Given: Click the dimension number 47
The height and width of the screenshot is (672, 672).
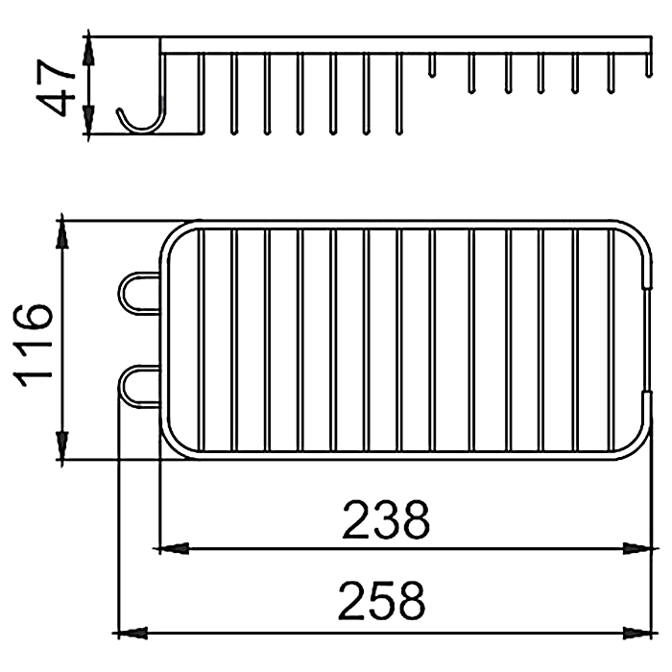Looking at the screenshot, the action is [x=56, y=87].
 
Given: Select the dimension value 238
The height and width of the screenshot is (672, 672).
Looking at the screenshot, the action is [x=386, y=519].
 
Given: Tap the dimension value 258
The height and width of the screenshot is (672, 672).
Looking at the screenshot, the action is [x=382, y=601].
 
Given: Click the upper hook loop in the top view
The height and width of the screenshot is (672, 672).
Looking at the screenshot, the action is [x=121, y=293].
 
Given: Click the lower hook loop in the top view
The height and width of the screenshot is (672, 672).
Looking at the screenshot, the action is [x=121, y=386].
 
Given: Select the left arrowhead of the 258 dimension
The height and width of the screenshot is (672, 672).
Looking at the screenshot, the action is [x=130, y=633].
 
